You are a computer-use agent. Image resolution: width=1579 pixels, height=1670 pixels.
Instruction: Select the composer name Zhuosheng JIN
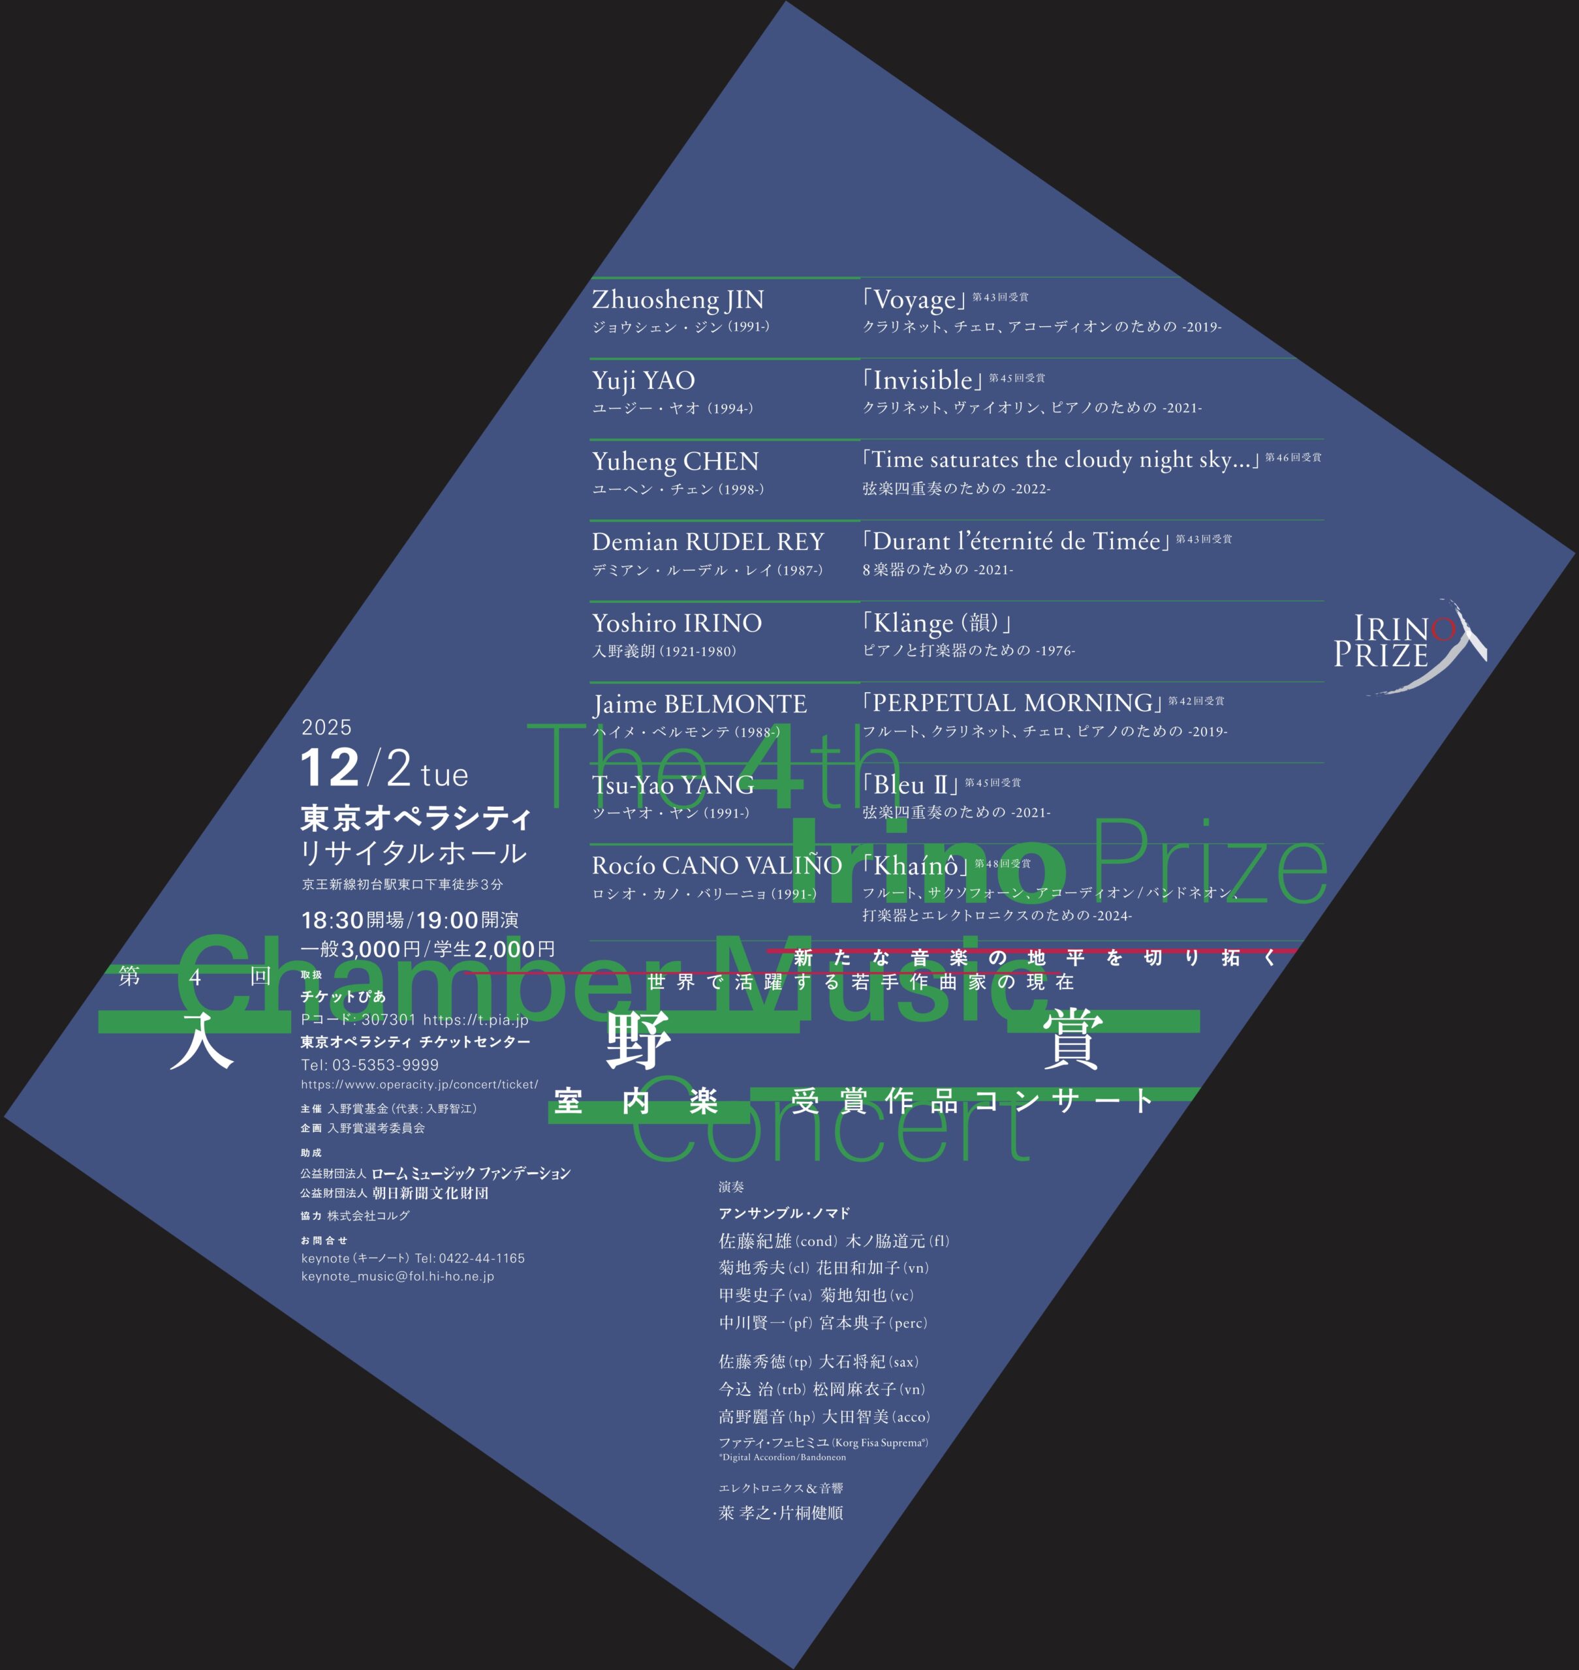click(678, 299)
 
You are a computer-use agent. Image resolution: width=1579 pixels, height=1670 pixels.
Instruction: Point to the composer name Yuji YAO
click(643, 380)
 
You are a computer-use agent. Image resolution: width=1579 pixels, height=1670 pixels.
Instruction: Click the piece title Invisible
click(922, 380)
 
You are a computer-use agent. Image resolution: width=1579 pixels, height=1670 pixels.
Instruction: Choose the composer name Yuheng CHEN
click(675, 461)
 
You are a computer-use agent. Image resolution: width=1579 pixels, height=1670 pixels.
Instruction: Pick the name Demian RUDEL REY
click(707, 542)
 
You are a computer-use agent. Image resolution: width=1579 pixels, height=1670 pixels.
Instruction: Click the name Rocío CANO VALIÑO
click(716, 866)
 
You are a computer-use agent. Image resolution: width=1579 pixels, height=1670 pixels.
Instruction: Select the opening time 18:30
click(332, 920)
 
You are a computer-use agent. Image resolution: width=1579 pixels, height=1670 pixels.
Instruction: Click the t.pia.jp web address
click(476, 1020)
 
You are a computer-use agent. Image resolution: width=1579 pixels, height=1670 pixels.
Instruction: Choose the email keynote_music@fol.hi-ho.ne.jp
click(398, 1276)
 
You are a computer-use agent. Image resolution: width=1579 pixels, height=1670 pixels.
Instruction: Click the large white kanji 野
click(639, 1040)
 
